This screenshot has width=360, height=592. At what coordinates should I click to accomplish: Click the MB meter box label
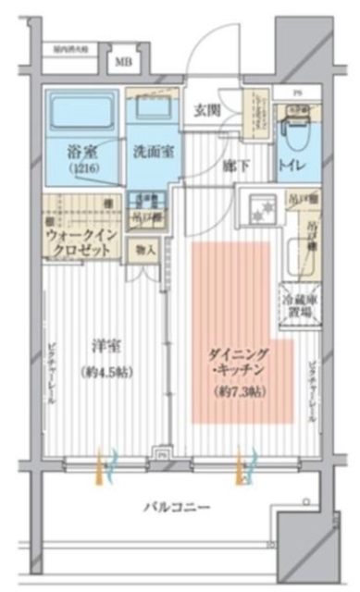pos(122,64)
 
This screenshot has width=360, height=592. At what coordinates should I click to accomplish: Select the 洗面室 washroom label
pos(148,151)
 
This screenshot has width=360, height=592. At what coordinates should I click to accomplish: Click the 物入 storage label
pos(145,250)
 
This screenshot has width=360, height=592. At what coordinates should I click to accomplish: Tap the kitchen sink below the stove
pos(298,254)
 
